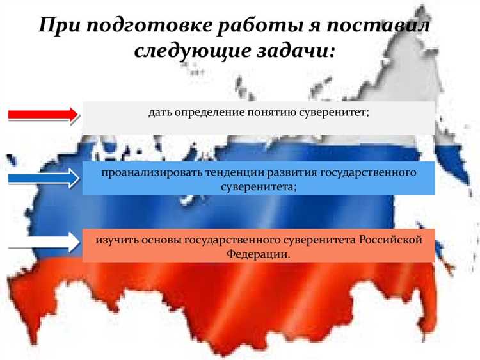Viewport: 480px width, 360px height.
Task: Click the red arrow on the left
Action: click(42, 115)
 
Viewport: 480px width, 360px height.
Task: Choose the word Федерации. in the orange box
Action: click(259, 254)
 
